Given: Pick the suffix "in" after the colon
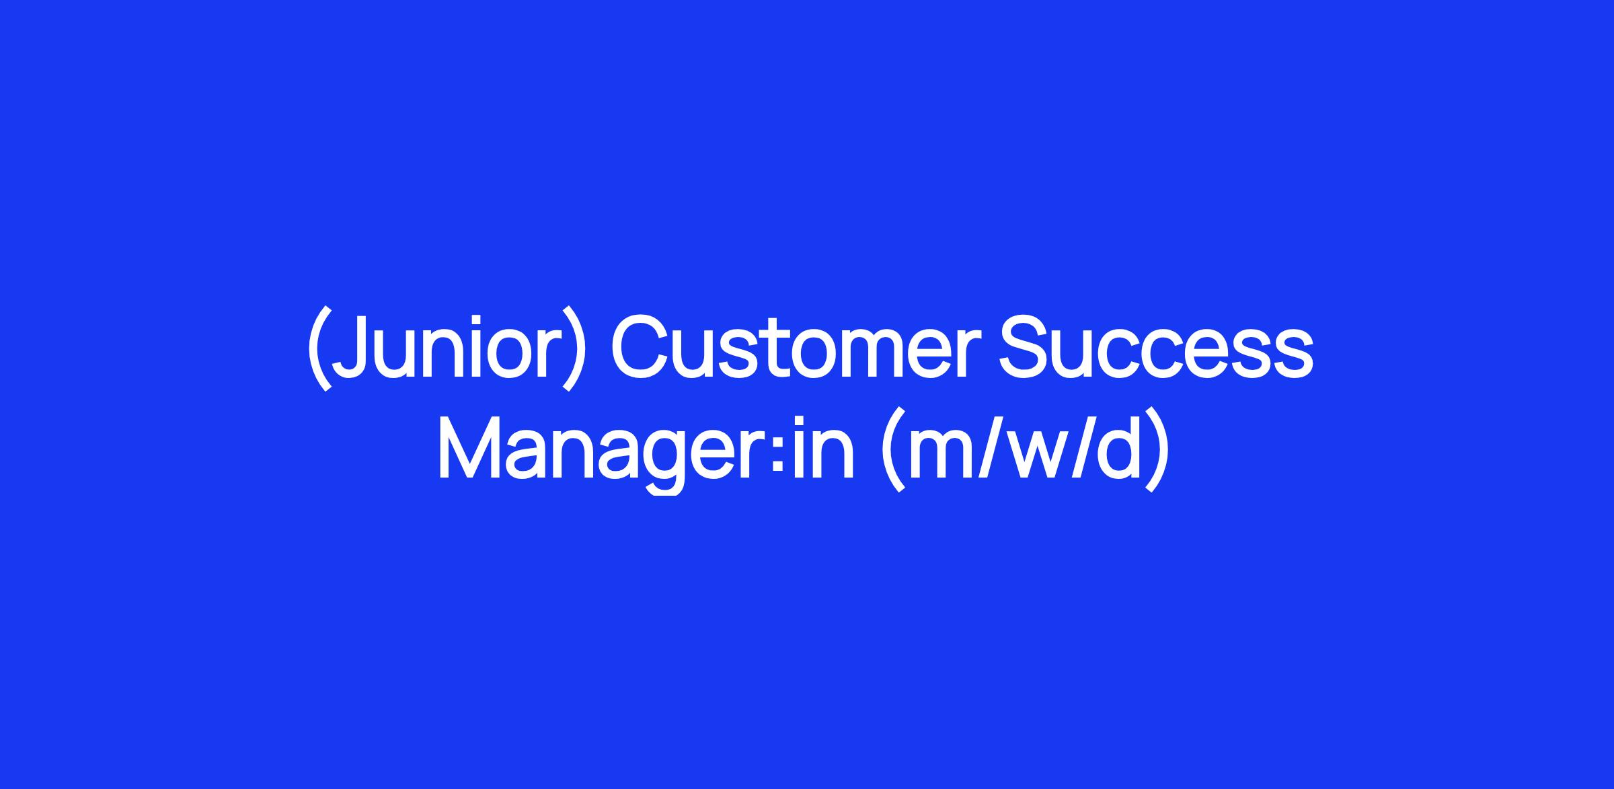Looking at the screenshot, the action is click(x=824, y=447).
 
